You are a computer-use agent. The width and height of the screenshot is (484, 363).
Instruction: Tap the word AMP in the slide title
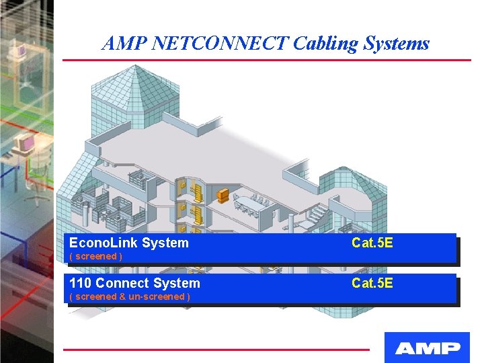pos(125,44)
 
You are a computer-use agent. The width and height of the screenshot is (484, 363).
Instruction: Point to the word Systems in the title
pos(397,44)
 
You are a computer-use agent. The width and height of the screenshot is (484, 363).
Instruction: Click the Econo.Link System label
pos(129,243)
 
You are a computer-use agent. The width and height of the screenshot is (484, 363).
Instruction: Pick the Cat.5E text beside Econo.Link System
pos(372,243)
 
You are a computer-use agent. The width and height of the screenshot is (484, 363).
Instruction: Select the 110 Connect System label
pos(134,283)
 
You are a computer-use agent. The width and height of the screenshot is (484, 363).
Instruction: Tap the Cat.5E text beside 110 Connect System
pos(372,283)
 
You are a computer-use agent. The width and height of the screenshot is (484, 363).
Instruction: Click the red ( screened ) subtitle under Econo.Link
pos(95,256)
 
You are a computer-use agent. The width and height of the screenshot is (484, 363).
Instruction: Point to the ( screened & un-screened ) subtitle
pos(129,296)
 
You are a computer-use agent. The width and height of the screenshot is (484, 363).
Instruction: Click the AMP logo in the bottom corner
pos(427,348)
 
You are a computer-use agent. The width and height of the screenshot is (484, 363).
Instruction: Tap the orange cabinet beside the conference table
pos(223,196)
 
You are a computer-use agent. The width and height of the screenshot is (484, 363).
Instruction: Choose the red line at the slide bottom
pos(216,350)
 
